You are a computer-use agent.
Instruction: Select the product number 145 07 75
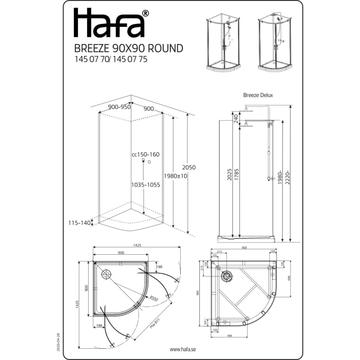(130, 59)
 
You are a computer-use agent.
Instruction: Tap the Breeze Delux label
(258, 96)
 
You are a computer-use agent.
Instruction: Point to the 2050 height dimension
(189, 168)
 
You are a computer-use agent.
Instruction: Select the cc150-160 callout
(145, 154)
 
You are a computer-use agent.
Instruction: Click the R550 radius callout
(154, 298)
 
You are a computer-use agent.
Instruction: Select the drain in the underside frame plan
(226, 276)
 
